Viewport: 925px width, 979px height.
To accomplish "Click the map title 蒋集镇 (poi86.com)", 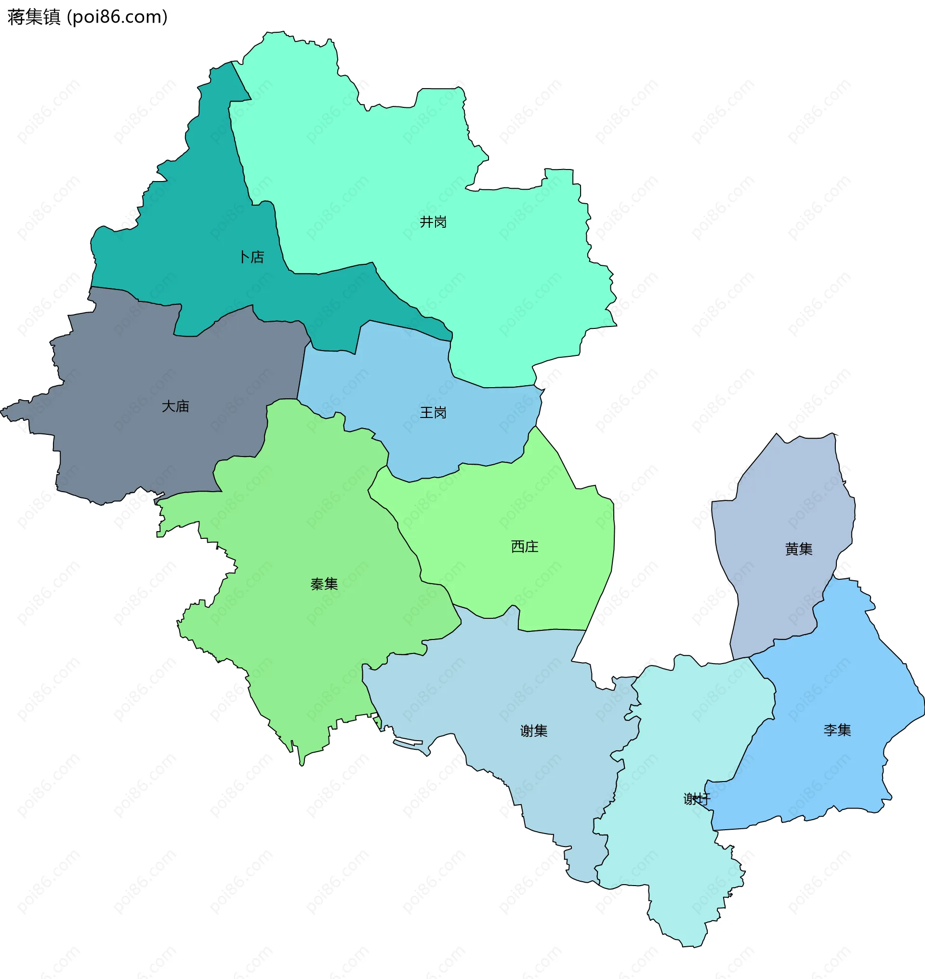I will (88, 17).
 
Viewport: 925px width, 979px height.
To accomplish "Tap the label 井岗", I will (433, 222).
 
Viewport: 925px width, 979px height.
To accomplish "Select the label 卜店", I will (251, 257).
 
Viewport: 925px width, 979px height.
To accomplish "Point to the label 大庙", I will (175, 406).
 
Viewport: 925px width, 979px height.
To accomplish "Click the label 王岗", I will (433, 412).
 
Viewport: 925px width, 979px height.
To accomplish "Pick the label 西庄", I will (525, 546).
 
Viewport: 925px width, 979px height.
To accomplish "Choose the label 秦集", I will (324, 584).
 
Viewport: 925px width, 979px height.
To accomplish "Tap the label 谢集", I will (533, 731).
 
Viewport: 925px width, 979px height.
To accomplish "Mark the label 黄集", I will (798, 548).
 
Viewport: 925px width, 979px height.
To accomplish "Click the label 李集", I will (837, 730).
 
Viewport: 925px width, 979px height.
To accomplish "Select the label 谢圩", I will (696, 798).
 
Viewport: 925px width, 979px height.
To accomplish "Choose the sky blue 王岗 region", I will (395, 375).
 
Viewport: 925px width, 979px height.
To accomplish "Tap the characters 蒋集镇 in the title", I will (34, 17).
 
